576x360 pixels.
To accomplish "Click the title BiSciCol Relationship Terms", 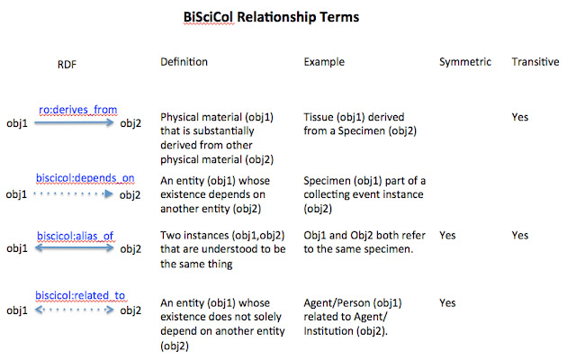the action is (271, 17).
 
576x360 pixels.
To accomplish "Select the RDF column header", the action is (67, 65).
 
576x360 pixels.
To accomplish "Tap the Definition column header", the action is (184, 62).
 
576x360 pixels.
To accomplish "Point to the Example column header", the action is (324, 62).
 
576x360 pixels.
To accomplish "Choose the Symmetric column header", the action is (465, 62).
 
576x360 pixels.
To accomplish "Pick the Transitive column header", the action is (535, 62).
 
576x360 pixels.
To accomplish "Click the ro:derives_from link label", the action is (78, 110).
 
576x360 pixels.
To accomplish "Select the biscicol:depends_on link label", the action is (85, 178).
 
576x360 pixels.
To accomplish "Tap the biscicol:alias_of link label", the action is (76, 236).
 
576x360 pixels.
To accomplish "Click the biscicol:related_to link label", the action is (80, 295).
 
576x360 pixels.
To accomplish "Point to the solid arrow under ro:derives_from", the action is (74, 123).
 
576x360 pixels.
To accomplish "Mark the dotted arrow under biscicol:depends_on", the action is (74, 194).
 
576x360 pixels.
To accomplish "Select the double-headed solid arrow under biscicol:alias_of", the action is (74, 248).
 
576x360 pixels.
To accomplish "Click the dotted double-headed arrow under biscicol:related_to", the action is (74, 310).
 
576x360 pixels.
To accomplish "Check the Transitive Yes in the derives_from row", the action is (520, 117).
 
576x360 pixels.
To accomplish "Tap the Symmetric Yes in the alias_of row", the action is (447, 235).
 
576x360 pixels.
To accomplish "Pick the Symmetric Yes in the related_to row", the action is (447, 302).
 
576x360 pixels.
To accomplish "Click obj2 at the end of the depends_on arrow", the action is (130, 194).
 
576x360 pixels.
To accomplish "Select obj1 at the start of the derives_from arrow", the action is (17, 123).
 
